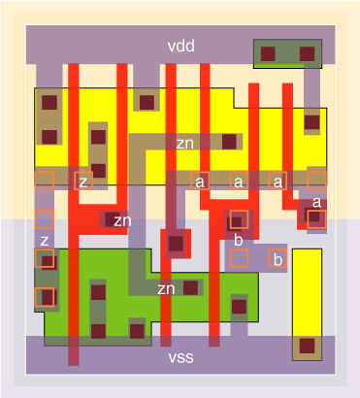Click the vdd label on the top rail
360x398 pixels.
(180, 46)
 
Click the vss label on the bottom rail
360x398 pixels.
(180, 357)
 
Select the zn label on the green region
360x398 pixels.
(167, 288)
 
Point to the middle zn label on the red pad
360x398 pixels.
(122, 221)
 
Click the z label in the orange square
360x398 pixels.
(83, 181)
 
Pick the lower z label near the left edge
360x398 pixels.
(44, 241)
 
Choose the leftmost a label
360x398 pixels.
(200, 181)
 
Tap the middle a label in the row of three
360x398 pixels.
(239, 181)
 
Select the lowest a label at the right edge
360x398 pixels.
(316, 202)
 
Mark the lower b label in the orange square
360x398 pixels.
(278, 259)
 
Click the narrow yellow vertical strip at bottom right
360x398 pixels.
(307, 291)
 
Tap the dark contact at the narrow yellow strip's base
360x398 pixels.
(307, 345)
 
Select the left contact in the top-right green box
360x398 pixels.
(269, 53)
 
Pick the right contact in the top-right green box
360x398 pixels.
(307, 53)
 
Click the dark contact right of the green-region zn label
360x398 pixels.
(192, 287)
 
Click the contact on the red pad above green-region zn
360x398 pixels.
(176, 243)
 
